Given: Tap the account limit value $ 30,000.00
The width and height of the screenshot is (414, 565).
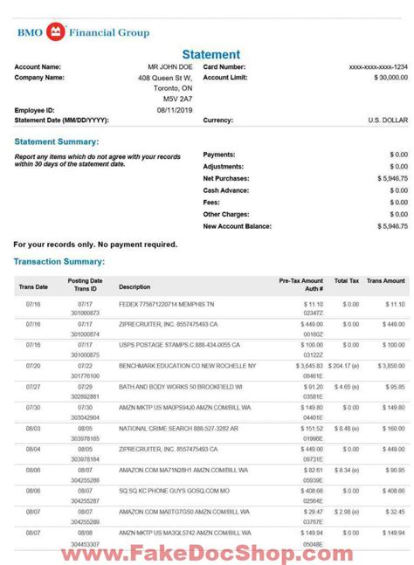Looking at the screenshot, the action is coord(387,77).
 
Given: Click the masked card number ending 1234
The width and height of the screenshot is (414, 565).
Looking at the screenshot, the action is coord(377,66).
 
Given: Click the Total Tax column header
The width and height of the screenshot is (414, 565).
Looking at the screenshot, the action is coord(347,281).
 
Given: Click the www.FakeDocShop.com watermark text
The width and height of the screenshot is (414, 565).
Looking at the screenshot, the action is coord(206,552).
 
